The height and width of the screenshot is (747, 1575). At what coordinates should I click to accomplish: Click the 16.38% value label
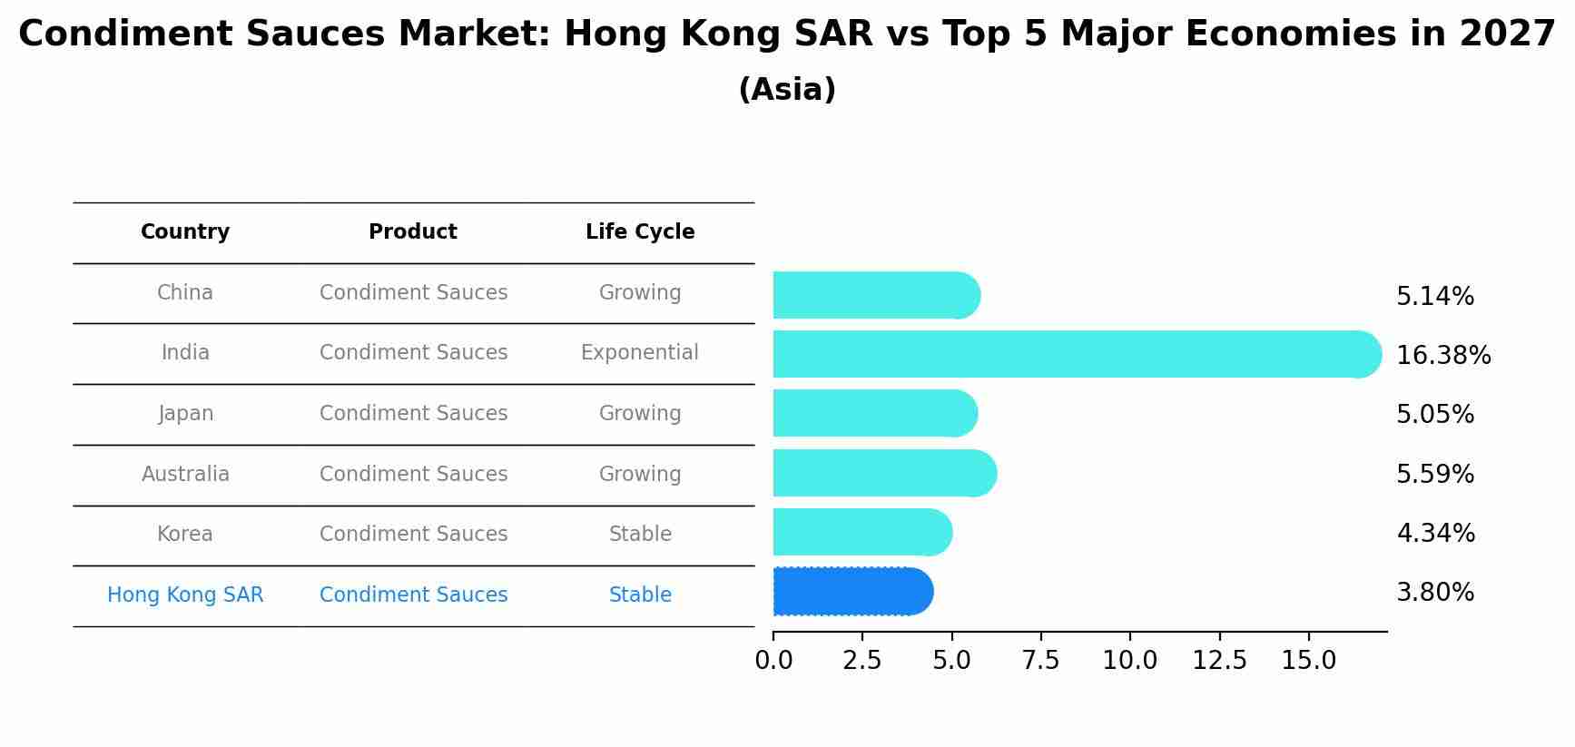point(1442,356)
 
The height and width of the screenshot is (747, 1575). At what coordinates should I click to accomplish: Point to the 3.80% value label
point(1434,593)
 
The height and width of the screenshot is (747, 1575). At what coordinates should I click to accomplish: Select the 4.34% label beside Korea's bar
point(1435,533)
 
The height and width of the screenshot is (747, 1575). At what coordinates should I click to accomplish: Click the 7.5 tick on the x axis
point(1040,661)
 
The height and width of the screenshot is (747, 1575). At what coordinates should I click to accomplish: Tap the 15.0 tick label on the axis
point(1308,661)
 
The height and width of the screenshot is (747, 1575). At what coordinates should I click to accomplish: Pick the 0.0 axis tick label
point(773,661)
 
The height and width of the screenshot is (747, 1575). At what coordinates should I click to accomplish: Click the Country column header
point(185,232)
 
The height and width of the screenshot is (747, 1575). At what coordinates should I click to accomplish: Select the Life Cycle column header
point(640,232)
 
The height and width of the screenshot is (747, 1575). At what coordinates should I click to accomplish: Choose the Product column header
point(413,232)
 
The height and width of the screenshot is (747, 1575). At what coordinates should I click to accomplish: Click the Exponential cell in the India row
point(640,353)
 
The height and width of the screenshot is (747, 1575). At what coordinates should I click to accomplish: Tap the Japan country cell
point(186,414)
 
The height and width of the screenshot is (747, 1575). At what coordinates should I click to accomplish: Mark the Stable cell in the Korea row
point(640,535)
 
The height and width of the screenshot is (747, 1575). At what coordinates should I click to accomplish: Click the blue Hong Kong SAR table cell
point(185,595)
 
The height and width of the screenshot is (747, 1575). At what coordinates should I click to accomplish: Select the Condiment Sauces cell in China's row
point(413,293)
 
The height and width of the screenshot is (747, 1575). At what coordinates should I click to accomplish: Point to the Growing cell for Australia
point(640,475)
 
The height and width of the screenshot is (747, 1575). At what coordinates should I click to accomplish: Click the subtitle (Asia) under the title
point(787,90)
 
